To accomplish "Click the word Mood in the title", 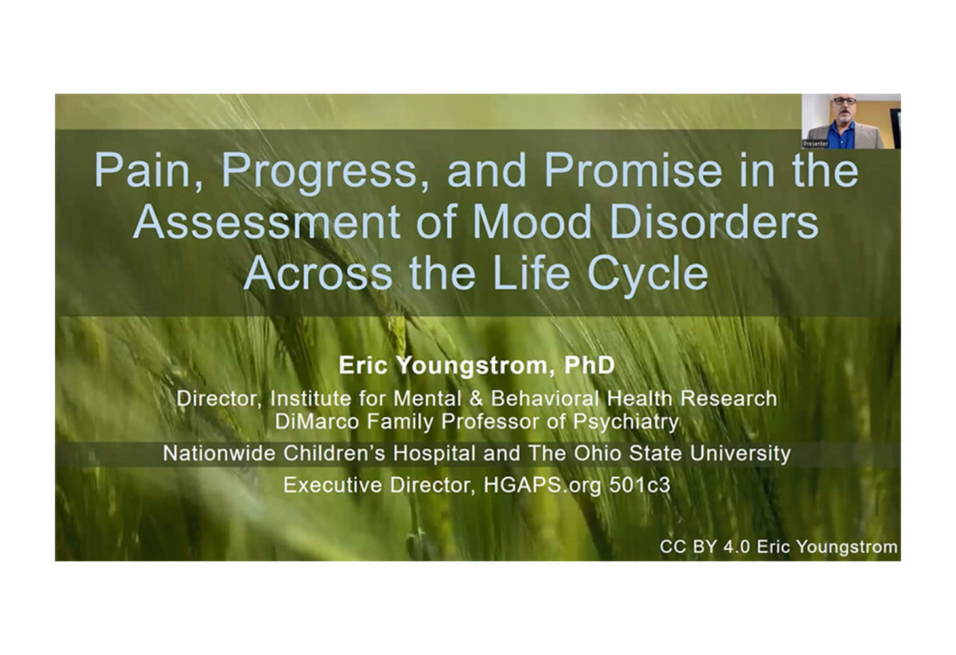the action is pyautogui.click(x=532, y=222).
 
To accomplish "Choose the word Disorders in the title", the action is pyautogui.click(x=714, y=222).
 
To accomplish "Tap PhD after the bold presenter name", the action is pyautogui.click(x=589, y=365).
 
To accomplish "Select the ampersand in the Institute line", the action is pyautogui.click(x=476, y=399).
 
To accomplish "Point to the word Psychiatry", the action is pyautogui.click(x=626, y=422).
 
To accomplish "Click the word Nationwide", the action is pyautogui.click(x=219, y=453).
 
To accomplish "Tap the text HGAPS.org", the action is pyautogui.click(x=542, y=486).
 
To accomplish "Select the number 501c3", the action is pyautogui.click(x=640, y=485).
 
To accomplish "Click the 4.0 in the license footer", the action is pyautogui.click(x=737, y=547).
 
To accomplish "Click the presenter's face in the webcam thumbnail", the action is pyautogui.click(x=845, y=108).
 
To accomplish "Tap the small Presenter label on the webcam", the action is pyautogui.click(x=815, y=144).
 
